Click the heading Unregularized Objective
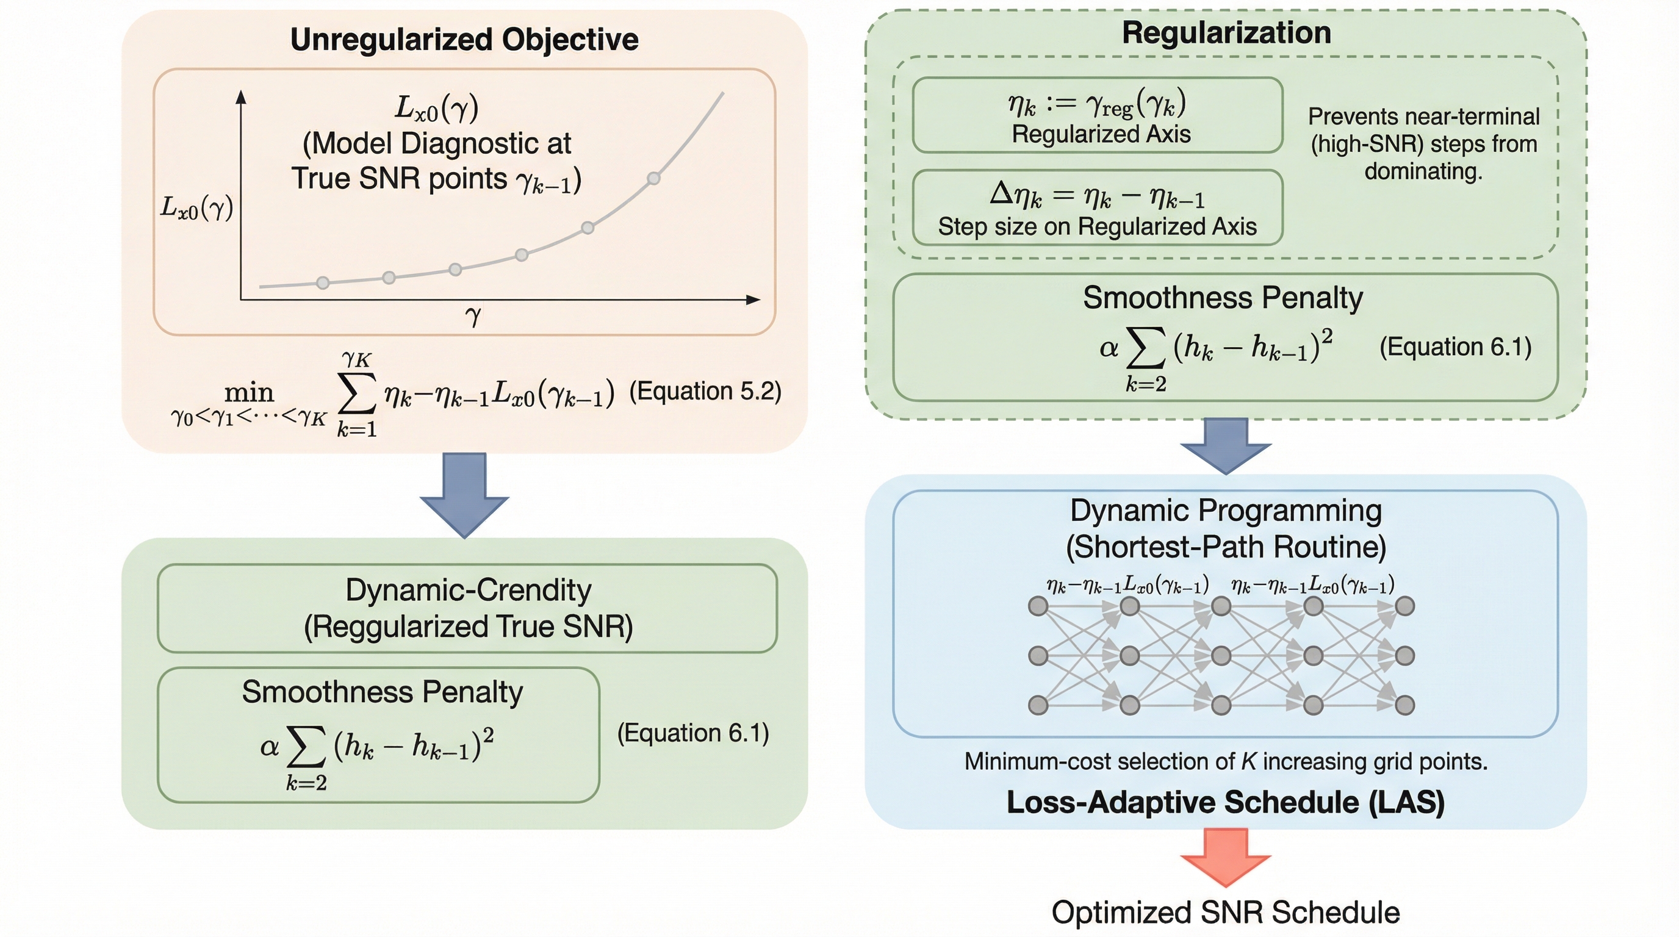(x=464, y=40)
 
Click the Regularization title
(x=1226, y=32)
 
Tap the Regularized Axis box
(x=1098, y=115)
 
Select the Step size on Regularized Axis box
(x=1098, y=207)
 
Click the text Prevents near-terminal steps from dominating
(x=1423, y=144)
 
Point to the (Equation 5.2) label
(x=705, y=391)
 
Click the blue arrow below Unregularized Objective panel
(x=464, y=494)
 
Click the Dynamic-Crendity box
(x=467, y=608)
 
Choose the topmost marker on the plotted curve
(x=654, y=178)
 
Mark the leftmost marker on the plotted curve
(x=323, y=283)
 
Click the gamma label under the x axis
(x=473, y=317)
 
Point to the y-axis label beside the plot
(x=197, y=208)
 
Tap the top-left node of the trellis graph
(x=1038, y=606)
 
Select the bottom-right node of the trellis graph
(x=1404, y=705)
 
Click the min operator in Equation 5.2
(x=249, y=393)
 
